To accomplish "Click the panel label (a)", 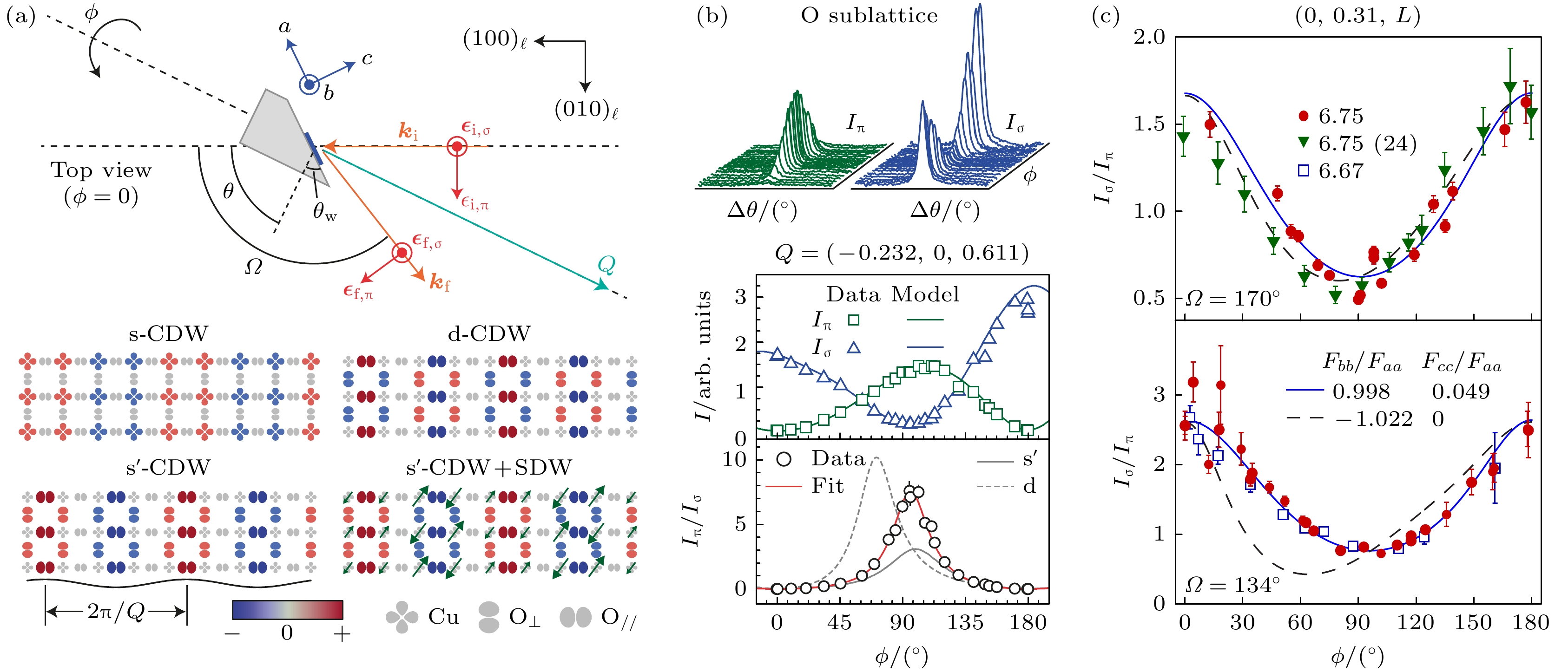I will point(20,16).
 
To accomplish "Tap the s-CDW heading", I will point(168,333).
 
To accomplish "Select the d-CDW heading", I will point(489,333).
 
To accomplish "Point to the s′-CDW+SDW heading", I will point(489,468).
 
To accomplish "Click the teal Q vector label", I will point(606,265).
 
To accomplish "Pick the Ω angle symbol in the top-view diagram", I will point(254,267).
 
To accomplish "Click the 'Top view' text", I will point(101,171).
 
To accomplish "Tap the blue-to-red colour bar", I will point(287,610).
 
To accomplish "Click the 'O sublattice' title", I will point(869,16).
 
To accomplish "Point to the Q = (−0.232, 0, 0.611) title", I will point(902,253).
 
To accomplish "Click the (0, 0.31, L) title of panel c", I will point(1357,16).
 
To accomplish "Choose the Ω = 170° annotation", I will point(1232,298).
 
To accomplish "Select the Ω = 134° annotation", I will point(1232,585).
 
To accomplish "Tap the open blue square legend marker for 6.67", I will point(1303,171).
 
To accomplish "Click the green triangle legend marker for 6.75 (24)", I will point(1303,143).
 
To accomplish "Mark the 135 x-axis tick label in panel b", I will point(965,622).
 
